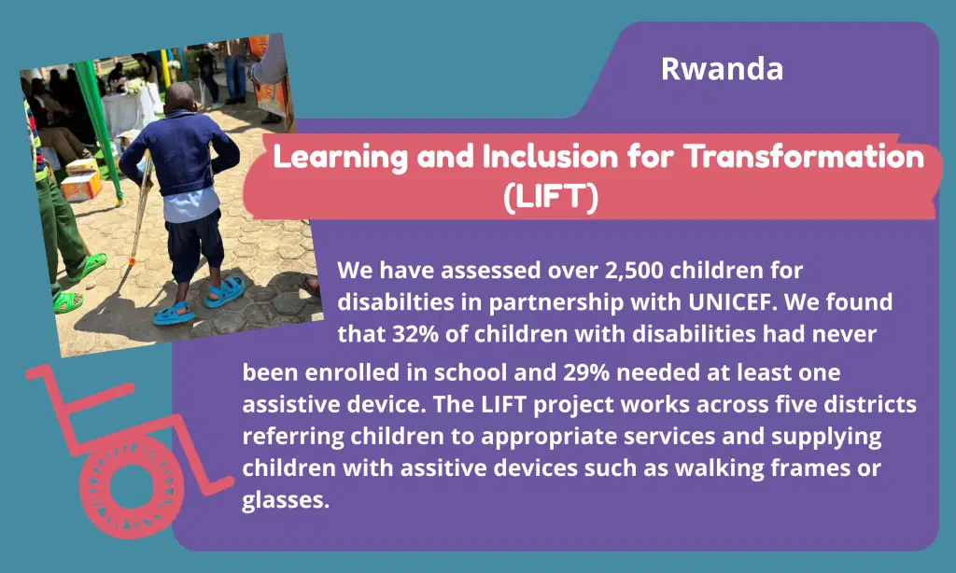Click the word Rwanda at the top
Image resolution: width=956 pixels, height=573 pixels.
click(x=722, y=68)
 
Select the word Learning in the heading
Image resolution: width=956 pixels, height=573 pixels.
click(x=340, y=158)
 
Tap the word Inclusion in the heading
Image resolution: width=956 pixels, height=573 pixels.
click(x=550, y=157)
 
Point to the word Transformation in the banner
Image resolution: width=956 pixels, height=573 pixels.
click(x=804, y=157)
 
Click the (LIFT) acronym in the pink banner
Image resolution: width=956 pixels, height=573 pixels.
click(x=551, y=197)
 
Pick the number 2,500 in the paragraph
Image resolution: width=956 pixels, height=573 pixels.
click(x=634, y=270)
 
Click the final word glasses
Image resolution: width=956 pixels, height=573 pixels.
click(x=286, y=501)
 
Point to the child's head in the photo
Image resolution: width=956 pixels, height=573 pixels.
click(x=180, y=99)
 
